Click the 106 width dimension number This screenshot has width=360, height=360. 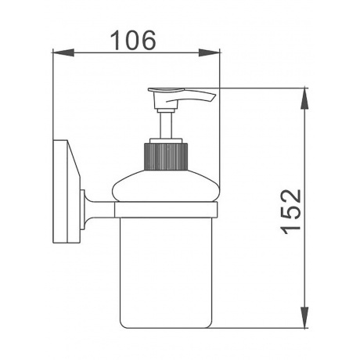[x=133, y=40]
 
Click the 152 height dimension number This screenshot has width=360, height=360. [x=291, y=211]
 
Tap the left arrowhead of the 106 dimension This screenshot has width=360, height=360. [x=63, y=52]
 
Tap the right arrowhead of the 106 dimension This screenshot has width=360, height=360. [x=209, y=52]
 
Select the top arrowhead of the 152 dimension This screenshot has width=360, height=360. [x=304, y=99]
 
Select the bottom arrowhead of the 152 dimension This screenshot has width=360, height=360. [x=304, y=318]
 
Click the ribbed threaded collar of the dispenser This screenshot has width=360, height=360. [x=166, y=156]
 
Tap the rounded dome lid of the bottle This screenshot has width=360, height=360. [x=165, y=185]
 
